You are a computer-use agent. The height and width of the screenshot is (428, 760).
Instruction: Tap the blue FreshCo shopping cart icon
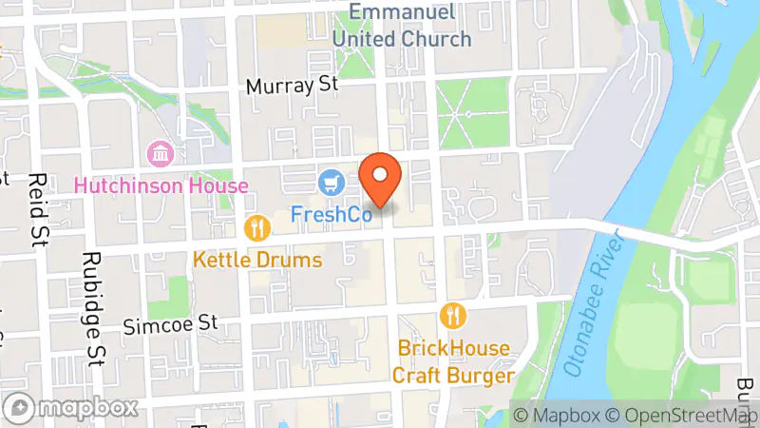(x=331, y=180)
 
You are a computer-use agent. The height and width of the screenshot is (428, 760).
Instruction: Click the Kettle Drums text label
(x=256, y=260)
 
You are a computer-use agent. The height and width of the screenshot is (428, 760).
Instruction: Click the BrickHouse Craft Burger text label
(x=454, y=361)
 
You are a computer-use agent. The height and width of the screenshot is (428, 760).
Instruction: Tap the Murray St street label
(x=292, y=86)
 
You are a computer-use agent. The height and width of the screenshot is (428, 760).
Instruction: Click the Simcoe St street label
(x=171, y=325)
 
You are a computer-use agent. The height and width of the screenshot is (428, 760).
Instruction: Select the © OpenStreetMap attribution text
(x=681, y=415)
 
